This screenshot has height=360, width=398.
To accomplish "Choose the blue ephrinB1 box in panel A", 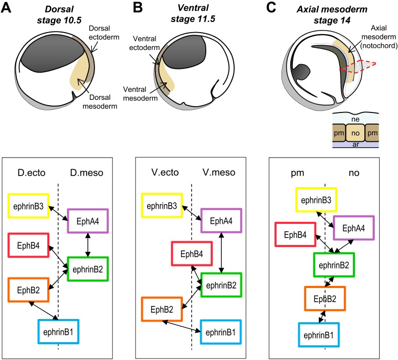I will tap(58, 331).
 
